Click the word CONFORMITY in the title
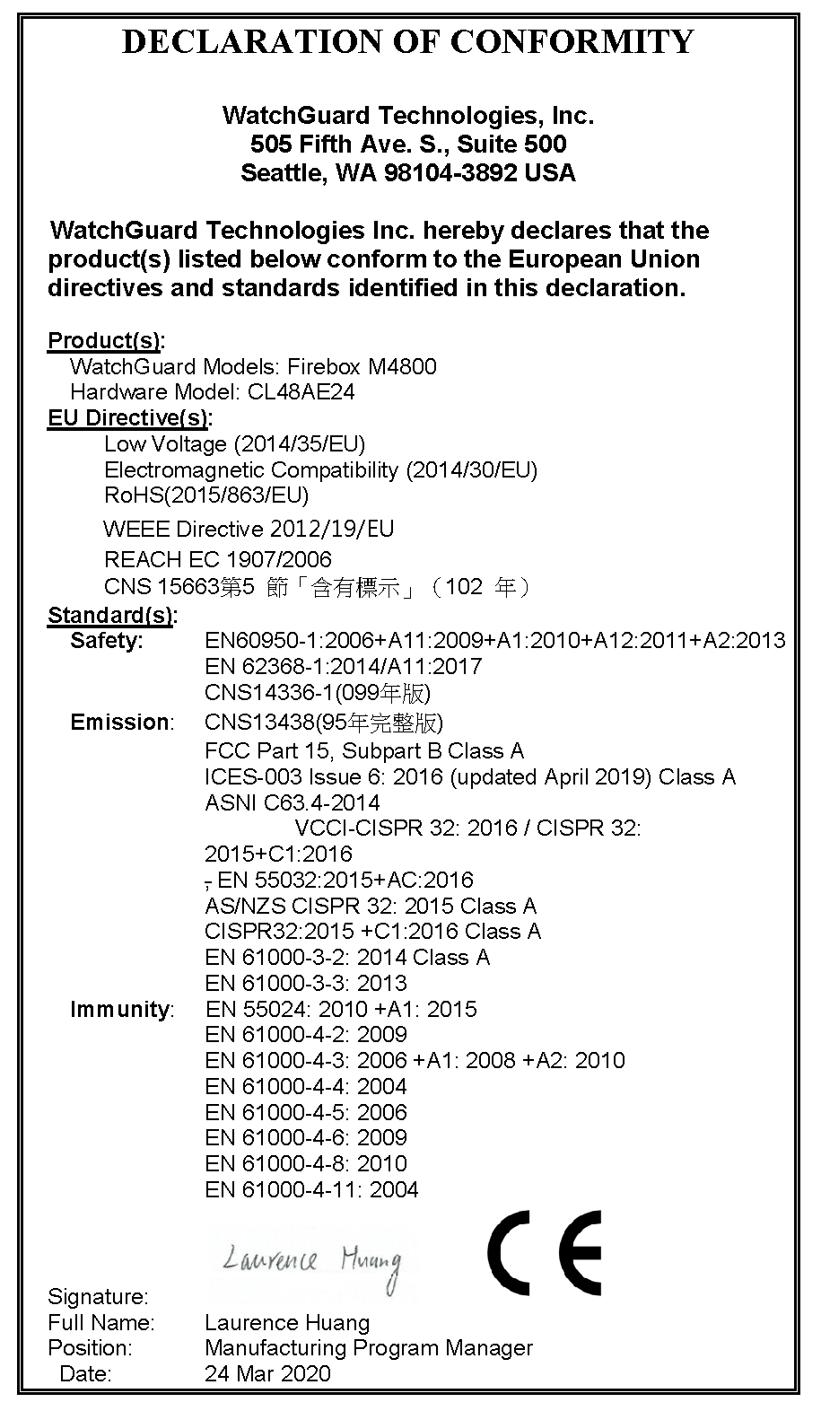click(572, 41)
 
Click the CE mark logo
click(544, 1252)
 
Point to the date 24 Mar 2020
click(267, 1373)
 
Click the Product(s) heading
click(105, 341)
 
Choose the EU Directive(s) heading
click(128, 418)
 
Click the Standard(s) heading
click(111, 616)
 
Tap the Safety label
click(107, 641)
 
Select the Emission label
click(121, 723)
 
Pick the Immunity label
click(121, 1010)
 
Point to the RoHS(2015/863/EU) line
click(206, 495)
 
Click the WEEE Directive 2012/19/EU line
click(249, 530)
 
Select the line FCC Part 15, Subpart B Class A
click(364, 750)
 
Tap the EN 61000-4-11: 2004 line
click(311, 1190)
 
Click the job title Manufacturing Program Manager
click(368, 1348)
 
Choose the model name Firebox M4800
click(362, 366)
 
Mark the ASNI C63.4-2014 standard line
click(292, 802)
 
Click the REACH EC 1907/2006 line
click(218, 560)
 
